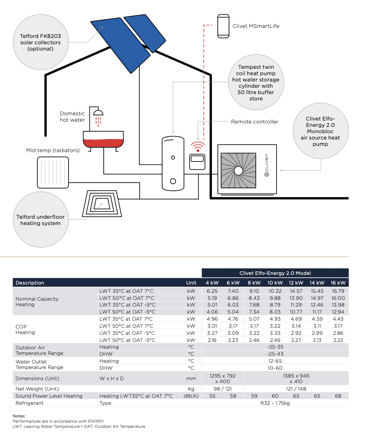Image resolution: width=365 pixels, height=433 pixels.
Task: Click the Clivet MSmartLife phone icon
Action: pos(223,26)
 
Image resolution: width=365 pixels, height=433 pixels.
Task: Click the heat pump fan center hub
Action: pos(238,171)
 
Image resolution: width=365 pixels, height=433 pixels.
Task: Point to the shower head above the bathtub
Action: pos(98,112)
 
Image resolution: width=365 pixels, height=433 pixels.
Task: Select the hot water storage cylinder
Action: pos(173,163)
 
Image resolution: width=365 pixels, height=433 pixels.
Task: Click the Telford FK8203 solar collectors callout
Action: pos(41,43)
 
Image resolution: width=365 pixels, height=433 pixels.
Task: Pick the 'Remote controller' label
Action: pos(255,122)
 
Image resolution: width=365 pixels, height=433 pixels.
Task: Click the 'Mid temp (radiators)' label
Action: pos(53,150)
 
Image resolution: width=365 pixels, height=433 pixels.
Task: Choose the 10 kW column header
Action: pos(275,283)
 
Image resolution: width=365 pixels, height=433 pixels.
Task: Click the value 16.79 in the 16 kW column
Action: pos(338,291)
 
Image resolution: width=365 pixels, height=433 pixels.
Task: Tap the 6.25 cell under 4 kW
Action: pos(212,291)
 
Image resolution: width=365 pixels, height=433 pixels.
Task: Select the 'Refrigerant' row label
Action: pos(29,403)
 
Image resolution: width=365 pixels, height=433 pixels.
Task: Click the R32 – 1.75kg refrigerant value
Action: pos(275,403)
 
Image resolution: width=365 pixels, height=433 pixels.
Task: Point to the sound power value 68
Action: pos(338,396)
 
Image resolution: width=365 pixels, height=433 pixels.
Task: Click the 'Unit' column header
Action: pos(191,283)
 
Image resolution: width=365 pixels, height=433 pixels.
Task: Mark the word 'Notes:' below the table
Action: pos(19,416)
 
